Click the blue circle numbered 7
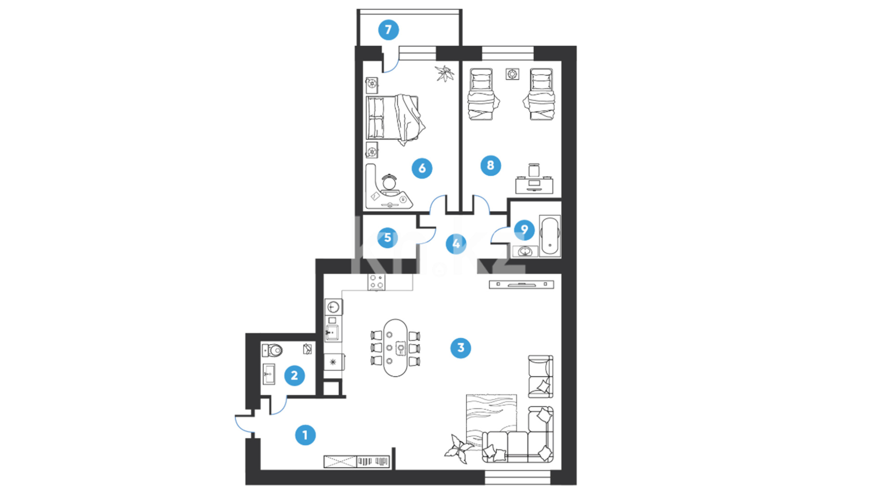pos(388,30)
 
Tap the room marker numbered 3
pos(460,348)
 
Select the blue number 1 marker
pos(305,435)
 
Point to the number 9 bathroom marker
pos(524,230)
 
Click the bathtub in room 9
pos(549,236)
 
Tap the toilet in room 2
pos(272,351)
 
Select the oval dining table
pos(396,348)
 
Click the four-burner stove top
pos(377,282)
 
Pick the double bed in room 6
pos(396,119)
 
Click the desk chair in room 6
pos(389,182)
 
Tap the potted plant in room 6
pos(444,73)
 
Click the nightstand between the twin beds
pos(512,73)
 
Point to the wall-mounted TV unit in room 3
pos(522,284)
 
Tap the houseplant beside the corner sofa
pos(459,449)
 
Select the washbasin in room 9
pos(525,251)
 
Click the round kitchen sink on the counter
pos(333,307)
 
